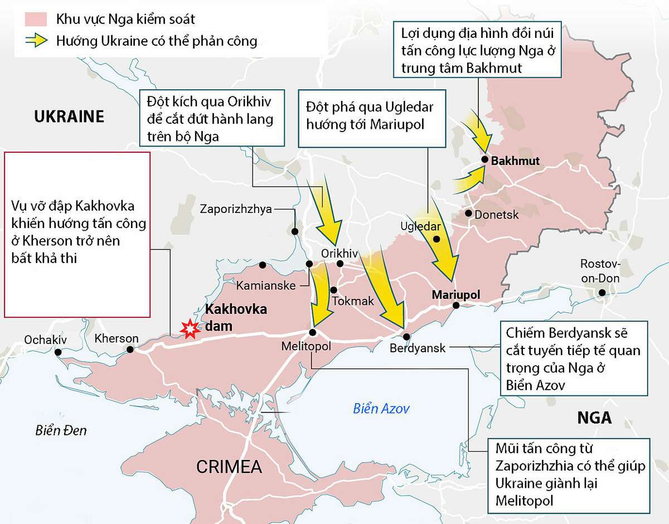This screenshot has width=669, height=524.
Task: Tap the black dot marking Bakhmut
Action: click(x=485, y=161)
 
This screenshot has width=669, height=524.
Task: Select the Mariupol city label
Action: click(x=455, y=294)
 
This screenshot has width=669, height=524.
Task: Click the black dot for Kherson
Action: click(x=130, y=350)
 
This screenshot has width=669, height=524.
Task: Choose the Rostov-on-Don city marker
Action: click(x=602, y=293)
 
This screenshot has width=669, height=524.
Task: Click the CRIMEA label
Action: click(x=229, y=466)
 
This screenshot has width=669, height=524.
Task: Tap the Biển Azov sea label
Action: click(x=381, y=409)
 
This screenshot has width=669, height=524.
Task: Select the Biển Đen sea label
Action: click(x=61, y=430)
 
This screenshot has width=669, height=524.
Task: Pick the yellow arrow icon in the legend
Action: click(x=35, y=41)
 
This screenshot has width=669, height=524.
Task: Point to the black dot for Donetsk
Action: click(x=469, y=214)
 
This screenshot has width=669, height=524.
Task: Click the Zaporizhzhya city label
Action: click(x=236, y=209)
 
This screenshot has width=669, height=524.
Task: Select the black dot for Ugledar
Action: click(x=437, y=239)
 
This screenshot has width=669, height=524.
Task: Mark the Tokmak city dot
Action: click(x=333, y=289)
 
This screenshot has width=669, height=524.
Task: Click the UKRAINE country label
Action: click(x=69, y=117)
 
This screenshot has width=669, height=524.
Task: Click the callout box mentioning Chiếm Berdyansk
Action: click(x=574, y=358)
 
